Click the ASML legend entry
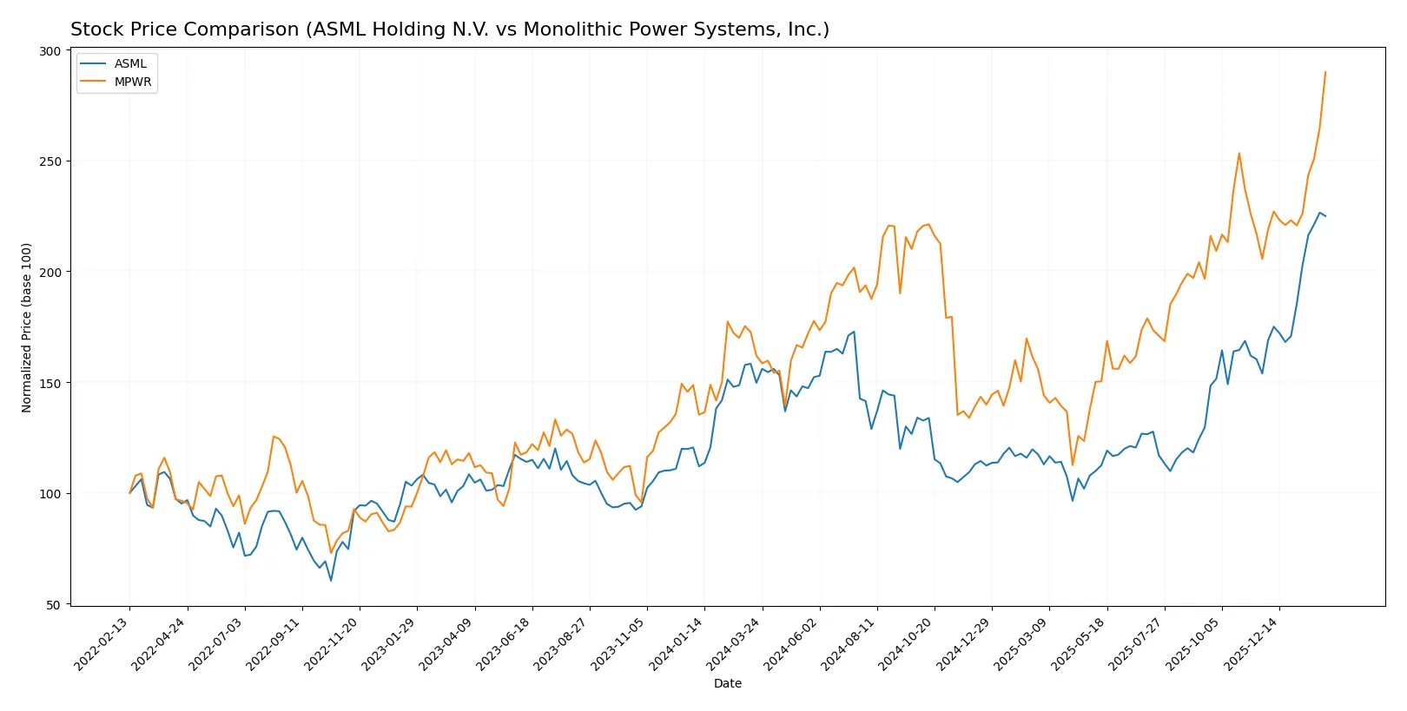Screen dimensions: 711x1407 click(130, 63)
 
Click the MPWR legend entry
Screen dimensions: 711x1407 click(132, 82)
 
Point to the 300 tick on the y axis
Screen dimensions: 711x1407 click(50, 51)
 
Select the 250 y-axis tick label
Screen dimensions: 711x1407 click(50, 161)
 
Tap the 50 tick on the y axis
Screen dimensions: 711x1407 click(54, 605)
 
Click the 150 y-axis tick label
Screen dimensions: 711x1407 click(50, 383)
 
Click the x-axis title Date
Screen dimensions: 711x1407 click(727, 683)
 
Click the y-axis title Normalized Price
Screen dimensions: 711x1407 click(27, 327)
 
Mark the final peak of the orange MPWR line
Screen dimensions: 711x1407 click(1325, 72)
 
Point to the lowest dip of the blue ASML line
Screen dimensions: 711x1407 click(331, 580)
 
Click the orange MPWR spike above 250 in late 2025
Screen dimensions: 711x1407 click(1239, 154)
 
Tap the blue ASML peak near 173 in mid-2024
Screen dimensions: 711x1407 click(854, 332)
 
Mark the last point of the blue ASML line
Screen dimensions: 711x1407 click(1325, 216)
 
